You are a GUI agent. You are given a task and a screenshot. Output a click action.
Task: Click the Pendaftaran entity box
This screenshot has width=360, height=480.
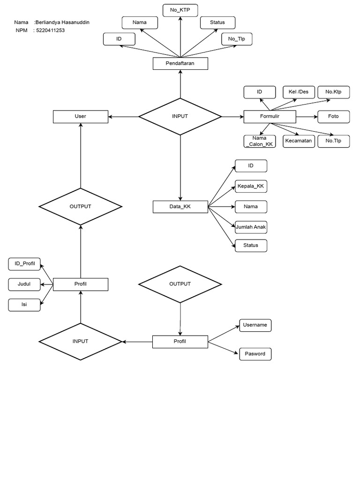(x=180, y=63)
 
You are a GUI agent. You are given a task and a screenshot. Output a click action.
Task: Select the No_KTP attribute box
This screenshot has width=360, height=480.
(x=180, y=10)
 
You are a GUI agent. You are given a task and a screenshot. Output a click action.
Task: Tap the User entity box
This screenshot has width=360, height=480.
(x=81, y=116)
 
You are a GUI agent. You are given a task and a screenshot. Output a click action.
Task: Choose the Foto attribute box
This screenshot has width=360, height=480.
(x=333, y=116)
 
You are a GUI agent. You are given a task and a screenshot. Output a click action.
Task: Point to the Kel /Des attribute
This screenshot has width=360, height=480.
(x=299, y=92)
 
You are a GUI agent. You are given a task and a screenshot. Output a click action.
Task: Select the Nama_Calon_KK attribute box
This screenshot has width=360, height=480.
(x=260, y=141)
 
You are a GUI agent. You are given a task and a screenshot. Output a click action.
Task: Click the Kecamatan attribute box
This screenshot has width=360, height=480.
(x=298, y=141)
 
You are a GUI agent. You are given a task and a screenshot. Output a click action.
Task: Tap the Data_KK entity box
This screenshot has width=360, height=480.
(x=180, y=207)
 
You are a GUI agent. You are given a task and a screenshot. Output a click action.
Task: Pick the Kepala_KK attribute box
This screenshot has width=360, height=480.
(x=251, y=187)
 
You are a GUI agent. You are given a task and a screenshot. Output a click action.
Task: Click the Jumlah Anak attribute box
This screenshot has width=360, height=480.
(x=251, y=227)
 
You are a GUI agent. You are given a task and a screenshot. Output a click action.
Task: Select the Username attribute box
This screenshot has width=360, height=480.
(x=255, y=325)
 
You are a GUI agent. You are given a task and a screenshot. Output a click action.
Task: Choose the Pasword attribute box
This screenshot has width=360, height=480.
(x=255, y=354)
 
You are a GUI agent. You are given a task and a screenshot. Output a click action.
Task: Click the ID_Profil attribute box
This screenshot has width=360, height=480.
(x=24, y=264)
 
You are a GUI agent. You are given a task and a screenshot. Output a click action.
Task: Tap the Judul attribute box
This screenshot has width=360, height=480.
(x=24, y=284)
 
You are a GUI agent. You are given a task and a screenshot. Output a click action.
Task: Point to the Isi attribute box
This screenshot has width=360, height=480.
(x=24, y=305)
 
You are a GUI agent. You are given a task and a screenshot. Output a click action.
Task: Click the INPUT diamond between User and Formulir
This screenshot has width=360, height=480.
(x=180, y=116)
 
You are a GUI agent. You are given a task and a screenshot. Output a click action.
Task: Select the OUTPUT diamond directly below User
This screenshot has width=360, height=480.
(x=81, y=207)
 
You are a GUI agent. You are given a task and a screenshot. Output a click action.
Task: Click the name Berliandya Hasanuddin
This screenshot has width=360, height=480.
(x=62, y=22)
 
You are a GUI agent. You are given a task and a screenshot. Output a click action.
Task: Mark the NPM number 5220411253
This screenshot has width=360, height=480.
(x=50, y=30)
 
